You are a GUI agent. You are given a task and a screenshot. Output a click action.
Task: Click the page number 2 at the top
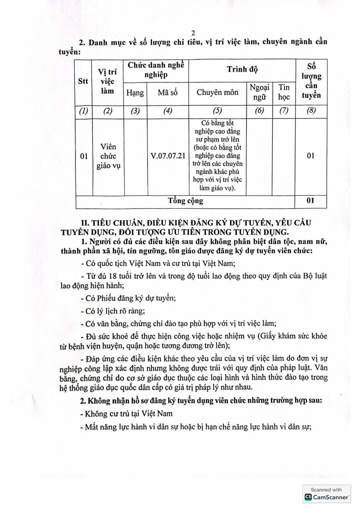pyautogui.click(x=193, y=33)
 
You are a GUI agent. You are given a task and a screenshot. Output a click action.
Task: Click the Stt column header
pyautogui.click(x=83, y=81)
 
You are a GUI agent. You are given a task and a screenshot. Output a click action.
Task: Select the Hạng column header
pyautogui.click(x=135, y=93)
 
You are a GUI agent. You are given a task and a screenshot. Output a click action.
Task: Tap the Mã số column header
pyautogui.click(x=168, y=92)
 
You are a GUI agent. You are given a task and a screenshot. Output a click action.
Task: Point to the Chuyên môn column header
pyautogui.click(x=217, y=92)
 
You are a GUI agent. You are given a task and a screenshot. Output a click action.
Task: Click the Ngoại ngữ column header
pyautogui.click(x=259, y=92)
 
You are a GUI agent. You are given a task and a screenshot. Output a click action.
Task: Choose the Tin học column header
pyautogui.click(x=284, y=92)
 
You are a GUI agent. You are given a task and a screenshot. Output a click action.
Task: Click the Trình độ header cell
pyautogui.click(x=242, y=70)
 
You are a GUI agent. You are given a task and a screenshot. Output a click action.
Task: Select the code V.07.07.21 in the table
pyautogui.click(x=168, y=156)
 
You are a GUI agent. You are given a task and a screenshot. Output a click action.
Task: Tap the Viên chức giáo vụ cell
pyautogui.click(x=108, y=156)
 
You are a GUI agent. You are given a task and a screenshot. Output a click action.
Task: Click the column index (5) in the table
pyautogui.click(x=217, y=111)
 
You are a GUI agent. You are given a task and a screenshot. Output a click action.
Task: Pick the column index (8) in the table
pyautogui.click(x=311, y=111)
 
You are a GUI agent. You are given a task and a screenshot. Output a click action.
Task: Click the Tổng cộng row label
pyautogui.click(x=185, y=201)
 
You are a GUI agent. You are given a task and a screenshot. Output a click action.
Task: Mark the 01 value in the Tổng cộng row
pyautogui.click(x=310, y=201)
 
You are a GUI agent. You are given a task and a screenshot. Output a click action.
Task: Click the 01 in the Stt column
pyautogui.click(x=84, y=156)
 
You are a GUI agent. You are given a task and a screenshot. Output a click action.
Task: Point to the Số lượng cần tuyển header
pyautogui.click(x=311, y=81)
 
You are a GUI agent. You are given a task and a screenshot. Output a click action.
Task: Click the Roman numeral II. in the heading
pyautogui.click(x=85, y=223)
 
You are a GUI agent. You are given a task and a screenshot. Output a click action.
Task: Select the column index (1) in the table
pyautogui.click(x=84, y=111)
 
